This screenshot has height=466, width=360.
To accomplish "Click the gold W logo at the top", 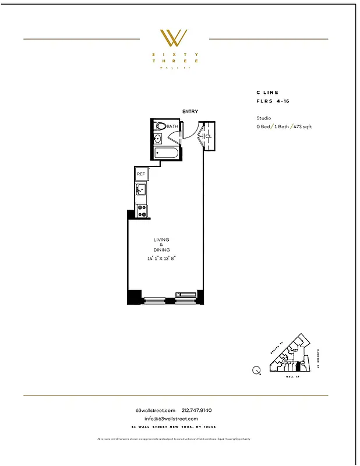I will point(174,38).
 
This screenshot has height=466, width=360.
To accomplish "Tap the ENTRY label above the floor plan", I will point(190,111).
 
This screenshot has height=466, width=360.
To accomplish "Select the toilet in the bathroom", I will point(160,126).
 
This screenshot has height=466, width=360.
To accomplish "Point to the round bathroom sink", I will point(157,139).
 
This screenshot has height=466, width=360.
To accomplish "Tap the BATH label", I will point(172,126).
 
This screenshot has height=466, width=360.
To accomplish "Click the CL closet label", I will point(209,136).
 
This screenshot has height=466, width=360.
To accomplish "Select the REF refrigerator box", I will point(141,174).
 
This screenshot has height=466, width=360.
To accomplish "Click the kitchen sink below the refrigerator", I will point(141,189).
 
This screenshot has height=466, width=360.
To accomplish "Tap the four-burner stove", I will point(141,210).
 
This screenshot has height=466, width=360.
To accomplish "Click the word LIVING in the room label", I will point(161,239).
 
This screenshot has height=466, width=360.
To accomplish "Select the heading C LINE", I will point(267,93).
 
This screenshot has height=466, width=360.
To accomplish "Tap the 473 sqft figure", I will point(302,126).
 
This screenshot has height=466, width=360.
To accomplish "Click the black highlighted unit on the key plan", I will point(299,367).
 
